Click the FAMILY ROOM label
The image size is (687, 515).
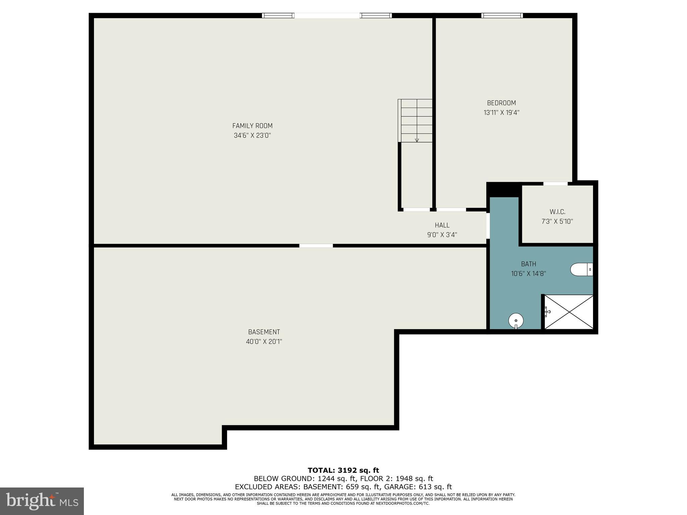coord(252,126)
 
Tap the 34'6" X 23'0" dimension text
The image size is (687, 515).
coord(252,135)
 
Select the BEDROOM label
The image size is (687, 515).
coord(501,103)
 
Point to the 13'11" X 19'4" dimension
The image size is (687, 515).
coord(501,113)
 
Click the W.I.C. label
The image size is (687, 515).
coord(557,212)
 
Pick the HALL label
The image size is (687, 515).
coord(442,225)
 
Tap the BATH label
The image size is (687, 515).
coord(528,264)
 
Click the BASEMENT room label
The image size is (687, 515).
coord(264,332)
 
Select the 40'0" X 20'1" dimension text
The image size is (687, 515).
coord(264,342)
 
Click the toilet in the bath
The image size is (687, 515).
coord(581,269)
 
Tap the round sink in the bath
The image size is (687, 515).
coord(516,321)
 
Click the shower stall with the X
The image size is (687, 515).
coord(569,312)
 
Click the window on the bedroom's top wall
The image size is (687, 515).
coord(502,15)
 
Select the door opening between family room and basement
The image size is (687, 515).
coord(316,246)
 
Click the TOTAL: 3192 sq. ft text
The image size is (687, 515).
coord(343,470)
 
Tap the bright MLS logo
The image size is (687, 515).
coord(42,501)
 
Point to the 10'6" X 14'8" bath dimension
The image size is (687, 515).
coord(528,274)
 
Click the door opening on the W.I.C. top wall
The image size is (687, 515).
coord(555,183)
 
